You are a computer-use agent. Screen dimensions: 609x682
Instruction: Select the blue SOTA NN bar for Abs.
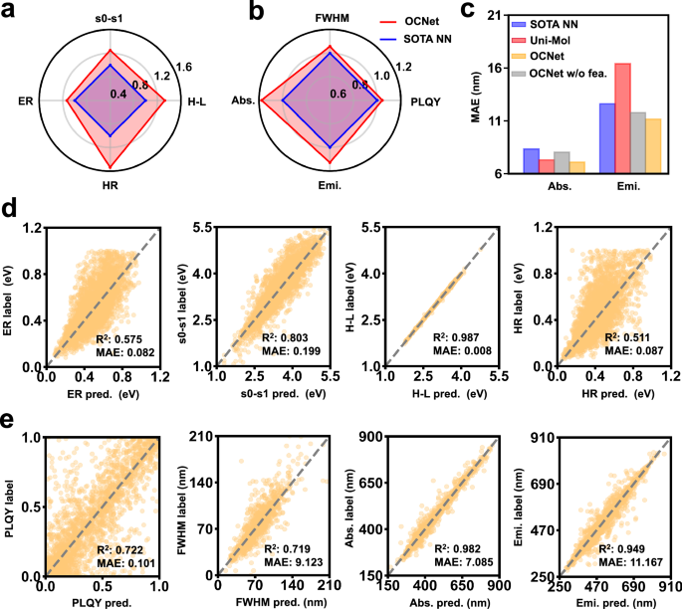pos(531,160)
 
